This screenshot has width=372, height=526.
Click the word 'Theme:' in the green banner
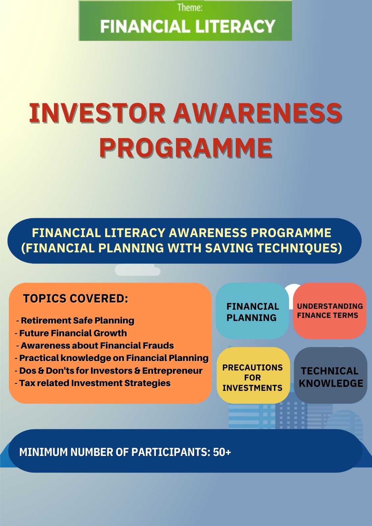click(190, 8)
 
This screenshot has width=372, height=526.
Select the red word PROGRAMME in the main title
click(186, 148)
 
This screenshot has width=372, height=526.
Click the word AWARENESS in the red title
click(258, 113)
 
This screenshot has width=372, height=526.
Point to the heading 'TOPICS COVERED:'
click(76, 299)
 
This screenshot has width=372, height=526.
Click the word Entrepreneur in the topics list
click(172, 371)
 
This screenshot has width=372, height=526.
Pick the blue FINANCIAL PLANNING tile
click(252, 311)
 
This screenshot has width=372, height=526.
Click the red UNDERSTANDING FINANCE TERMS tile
click(330, 311)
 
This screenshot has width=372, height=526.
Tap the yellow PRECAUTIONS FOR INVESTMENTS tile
click(253, 375)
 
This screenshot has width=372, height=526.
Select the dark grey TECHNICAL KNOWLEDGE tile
click(331, 375)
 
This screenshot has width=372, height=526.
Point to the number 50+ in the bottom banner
click(222, 452)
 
